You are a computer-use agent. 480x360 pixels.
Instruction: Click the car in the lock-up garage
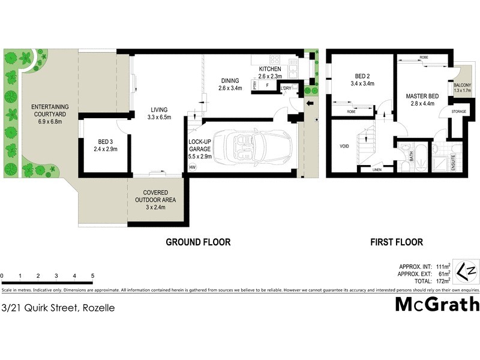click(251, 148)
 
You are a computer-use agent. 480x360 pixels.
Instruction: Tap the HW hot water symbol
click(193, 167)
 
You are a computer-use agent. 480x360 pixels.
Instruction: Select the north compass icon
click(467, 272)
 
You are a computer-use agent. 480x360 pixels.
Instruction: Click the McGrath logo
click(437, 304)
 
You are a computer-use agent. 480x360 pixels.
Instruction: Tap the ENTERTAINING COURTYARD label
click(50, 114)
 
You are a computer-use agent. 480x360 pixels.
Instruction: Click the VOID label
click(344, 145)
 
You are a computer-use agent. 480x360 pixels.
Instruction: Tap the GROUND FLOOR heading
click(198, 242)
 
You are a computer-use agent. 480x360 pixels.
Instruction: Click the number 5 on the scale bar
click(92, 276)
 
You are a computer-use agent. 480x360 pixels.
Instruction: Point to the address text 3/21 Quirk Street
click(58, 308)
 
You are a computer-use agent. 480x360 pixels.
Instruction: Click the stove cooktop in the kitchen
click(275, 59)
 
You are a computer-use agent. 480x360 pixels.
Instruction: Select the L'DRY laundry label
click(286, 88)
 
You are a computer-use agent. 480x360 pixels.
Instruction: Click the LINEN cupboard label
click(376, 169)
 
